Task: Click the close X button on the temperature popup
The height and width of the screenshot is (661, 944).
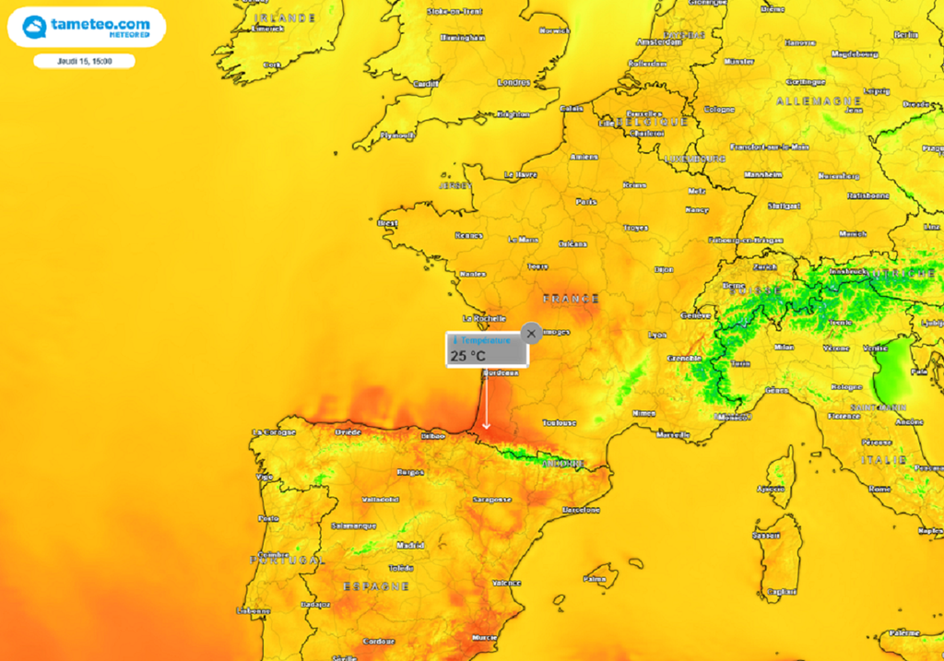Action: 530,333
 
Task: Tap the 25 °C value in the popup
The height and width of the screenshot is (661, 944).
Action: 468,355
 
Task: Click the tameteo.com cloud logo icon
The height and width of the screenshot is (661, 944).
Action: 34,27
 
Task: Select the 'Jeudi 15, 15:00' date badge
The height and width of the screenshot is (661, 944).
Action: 85,61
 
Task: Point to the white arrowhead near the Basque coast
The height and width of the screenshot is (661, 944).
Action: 486,425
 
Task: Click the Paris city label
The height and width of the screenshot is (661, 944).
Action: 586,201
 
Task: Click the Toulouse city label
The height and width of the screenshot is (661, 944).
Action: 560,422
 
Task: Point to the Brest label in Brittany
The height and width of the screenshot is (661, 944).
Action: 388,222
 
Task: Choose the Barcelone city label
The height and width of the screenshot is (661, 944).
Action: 581,509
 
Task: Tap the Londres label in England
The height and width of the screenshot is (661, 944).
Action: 513,82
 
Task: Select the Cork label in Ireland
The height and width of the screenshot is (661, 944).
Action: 271,65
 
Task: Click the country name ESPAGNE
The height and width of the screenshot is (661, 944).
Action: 376,585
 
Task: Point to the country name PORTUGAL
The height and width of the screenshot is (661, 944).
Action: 287,560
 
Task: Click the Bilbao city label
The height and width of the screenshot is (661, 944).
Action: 432,435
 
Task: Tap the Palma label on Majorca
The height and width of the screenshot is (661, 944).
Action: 595,579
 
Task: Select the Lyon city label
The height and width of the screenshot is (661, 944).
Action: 657,335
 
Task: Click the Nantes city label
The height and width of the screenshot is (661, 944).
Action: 472,274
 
